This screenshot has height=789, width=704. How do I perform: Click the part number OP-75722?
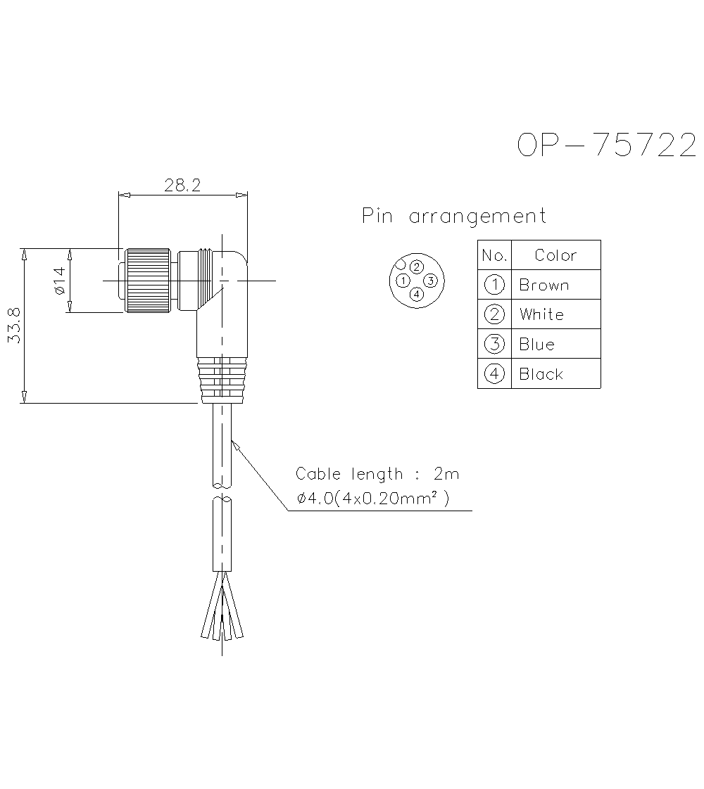tap(606, 145)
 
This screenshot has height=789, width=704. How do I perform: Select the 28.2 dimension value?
tap(182, 186)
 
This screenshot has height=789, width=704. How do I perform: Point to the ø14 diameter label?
tap(58, 281)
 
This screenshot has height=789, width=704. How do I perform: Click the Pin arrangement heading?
tap(454, 216)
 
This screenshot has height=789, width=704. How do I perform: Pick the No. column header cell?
tap(494, 255)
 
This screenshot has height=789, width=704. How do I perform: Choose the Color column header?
tap(555, 255)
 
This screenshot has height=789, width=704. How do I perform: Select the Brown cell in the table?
tap(543, 285)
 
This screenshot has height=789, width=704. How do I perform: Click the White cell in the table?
tap(541, 314)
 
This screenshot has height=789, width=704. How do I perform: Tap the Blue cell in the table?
tap(536, 345)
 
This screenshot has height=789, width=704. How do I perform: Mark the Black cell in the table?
tap(541, 374)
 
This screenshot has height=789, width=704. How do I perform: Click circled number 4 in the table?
tap(495, 374)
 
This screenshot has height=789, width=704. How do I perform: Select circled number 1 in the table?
tap(495, 285)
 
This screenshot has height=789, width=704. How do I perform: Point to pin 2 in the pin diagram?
tap(417, 267)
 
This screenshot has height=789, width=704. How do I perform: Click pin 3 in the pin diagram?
tap(431, 281)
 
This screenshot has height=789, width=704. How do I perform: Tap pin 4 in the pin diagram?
tap(417, 294)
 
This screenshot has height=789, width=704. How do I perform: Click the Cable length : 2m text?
tap(377, 474)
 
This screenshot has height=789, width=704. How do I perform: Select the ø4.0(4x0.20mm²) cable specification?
tap(373, 499)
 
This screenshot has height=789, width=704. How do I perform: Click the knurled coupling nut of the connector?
tap(146, 281)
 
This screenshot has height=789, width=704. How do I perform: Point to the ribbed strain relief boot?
tap(221, 380)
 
